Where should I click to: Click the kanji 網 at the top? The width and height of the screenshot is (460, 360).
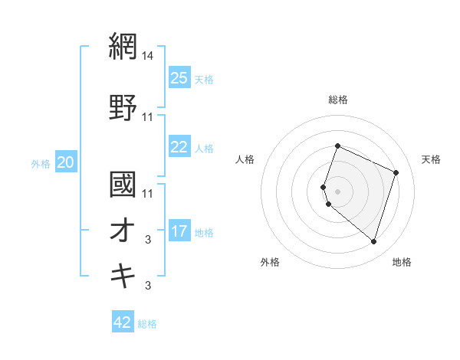point(123,46)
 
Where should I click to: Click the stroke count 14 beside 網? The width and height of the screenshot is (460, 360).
point(148,55)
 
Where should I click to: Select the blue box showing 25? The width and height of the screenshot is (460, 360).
point(179,78)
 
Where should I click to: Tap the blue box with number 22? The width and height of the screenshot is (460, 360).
point(179,148)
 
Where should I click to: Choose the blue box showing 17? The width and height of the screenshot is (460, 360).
point(179,231)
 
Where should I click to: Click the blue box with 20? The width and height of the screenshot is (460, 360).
point(66,162)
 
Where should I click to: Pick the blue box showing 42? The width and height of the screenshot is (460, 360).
point(123,322)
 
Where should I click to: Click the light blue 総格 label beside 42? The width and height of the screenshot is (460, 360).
point(147,324)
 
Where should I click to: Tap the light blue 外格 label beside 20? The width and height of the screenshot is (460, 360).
point(41,163)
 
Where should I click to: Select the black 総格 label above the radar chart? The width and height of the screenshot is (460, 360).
point(338,100)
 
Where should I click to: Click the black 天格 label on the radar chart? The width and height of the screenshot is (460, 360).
point(432,159)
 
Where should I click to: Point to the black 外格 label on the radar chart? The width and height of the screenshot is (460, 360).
point(270,262)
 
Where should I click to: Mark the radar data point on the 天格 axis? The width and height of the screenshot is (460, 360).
point(396,172)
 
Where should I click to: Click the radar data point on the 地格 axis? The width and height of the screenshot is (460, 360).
point(373,242)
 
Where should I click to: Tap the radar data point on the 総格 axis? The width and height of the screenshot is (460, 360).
point(337,146)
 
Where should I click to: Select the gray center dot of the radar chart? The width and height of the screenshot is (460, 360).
point(337,191)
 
